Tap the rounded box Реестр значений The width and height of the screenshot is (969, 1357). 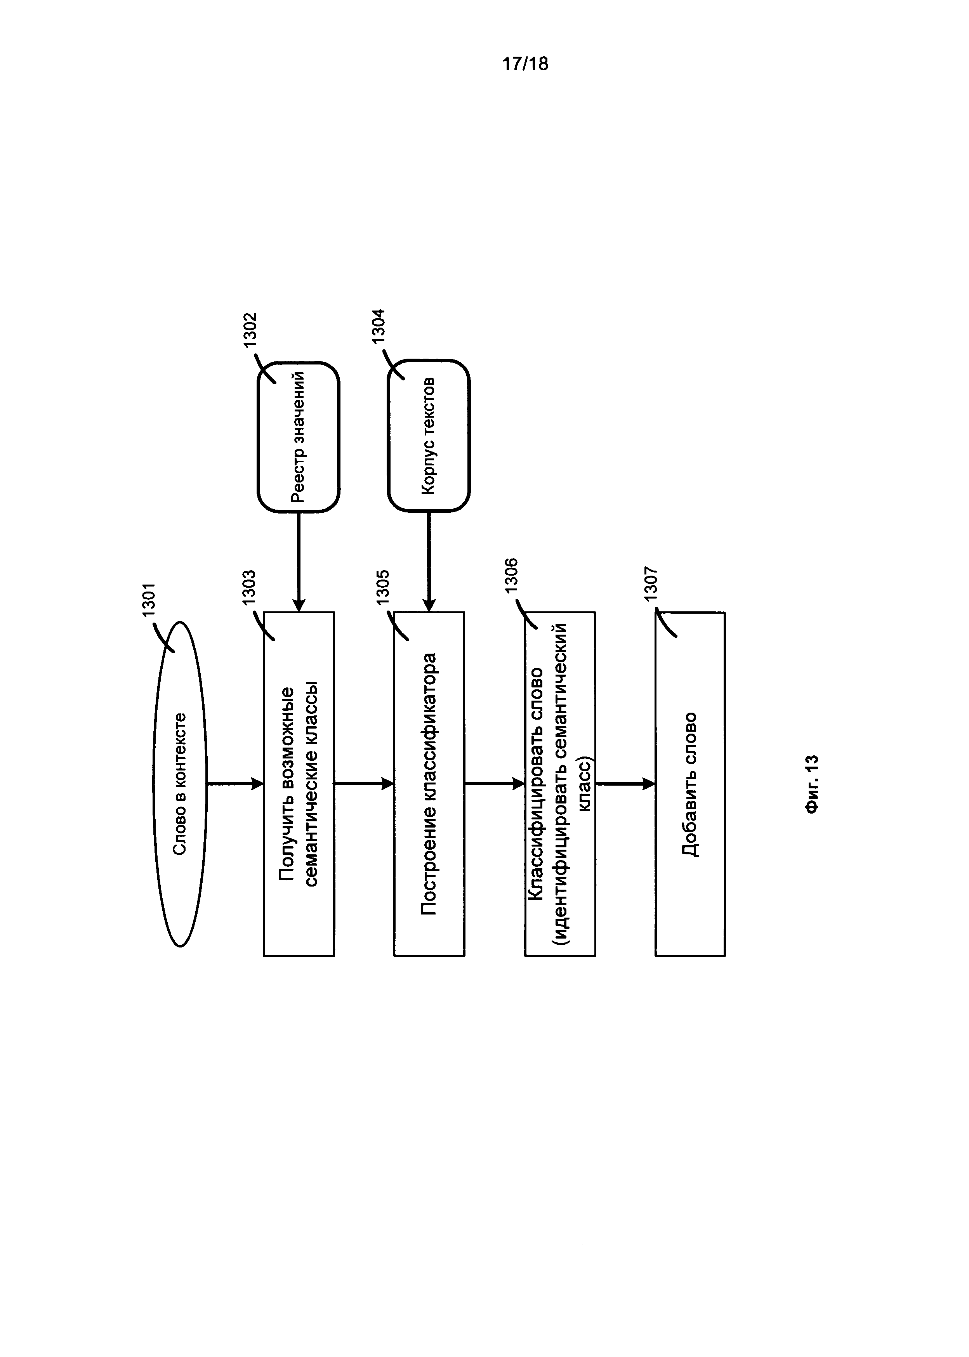[x=298, y=437]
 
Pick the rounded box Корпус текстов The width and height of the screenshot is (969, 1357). [x=429, y=436]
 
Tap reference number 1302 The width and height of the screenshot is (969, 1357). [x=249, y=330]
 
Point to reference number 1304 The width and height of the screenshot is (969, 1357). [x=379, y=326]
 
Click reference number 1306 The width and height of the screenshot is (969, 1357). [x=511, y=575]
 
